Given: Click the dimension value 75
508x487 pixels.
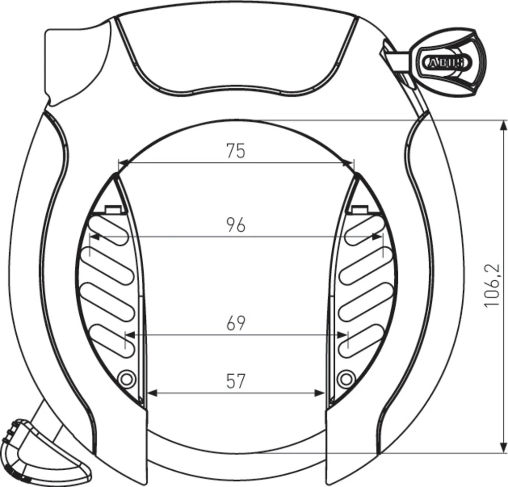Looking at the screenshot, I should (x=236, y=151).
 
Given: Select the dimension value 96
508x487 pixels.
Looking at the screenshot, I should (x=236, y=224).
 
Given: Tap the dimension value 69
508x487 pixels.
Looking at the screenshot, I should (x=236, y=323).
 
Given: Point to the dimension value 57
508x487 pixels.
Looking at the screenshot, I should (x=236, y=381).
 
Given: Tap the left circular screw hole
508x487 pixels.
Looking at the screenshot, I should (x=125, y=378).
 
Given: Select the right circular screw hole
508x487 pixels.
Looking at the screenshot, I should (x=346, y=378).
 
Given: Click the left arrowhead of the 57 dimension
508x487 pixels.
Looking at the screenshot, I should (x=151, y=393).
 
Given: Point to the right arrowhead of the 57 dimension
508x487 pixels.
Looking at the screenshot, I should (x=320, y=393).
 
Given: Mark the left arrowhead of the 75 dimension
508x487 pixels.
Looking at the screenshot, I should (x=123, y=164).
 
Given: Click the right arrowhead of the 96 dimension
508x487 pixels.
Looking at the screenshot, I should (x=377, y=236).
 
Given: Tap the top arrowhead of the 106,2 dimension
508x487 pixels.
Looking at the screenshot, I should (x=503, y=125).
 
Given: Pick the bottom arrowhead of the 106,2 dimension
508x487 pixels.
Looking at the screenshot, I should (x=503, y=447).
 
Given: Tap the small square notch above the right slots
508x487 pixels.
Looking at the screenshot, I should (x=359, y=209).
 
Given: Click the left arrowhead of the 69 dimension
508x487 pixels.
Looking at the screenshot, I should (x=130, y=335).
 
